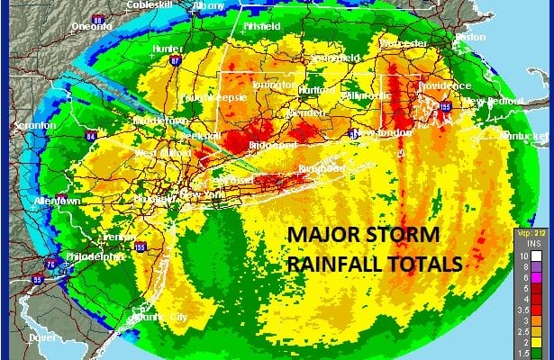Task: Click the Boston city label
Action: tap(469, 38)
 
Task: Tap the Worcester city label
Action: tap(403, 42)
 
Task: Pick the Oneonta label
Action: tap(90, 26)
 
